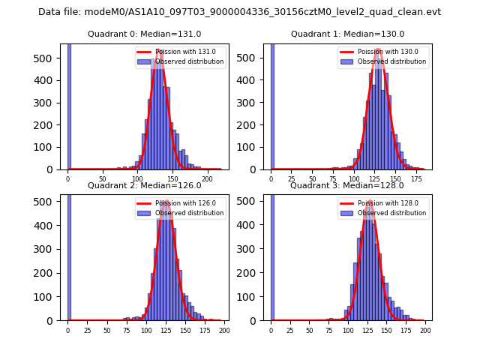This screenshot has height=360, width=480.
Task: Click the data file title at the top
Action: [x=240, y=12]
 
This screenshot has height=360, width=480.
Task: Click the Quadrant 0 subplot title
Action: [x=145, y=34]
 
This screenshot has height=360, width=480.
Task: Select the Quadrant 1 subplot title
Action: [x=347, y=34]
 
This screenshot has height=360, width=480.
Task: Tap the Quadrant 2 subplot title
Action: [x=145, y=185]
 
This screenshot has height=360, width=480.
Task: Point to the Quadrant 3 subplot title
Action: [x=347, y=185]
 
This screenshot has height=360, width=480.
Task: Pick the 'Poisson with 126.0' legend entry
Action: [x=184, y=203]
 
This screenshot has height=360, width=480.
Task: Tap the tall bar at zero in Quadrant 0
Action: [x=69, y=105]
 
